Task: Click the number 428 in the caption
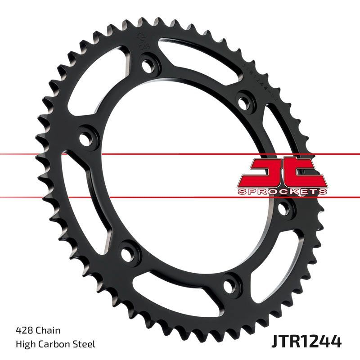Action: coord(22,331)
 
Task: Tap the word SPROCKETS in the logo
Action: coord(282,191)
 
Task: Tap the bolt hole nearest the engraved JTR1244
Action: coord(244,100)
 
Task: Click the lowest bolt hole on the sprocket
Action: coord(229,283)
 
